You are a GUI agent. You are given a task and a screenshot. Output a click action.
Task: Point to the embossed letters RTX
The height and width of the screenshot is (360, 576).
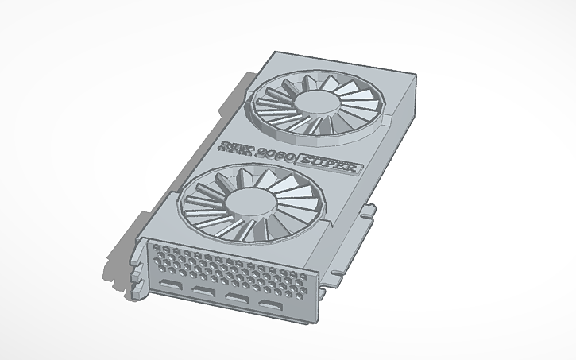235,148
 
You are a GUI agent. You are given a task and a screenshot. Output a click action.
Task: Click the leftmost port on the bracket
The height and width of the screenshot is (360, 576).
170,284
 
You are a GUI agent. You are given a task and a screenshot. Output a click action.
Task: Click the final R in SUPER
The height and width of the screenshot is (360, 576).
351,168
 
